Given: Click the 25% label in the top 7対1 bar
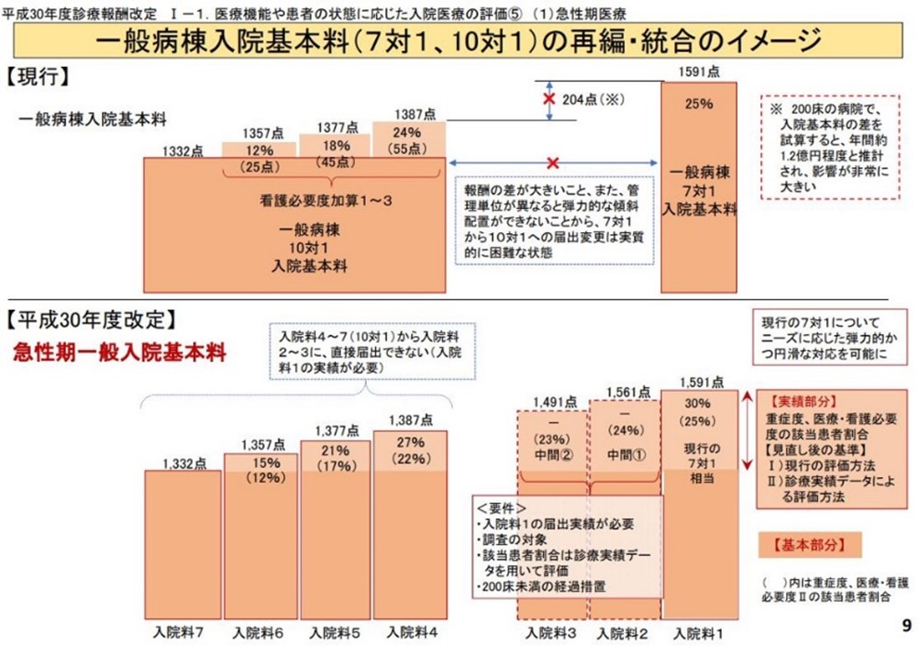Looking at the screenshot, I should click(698, 104).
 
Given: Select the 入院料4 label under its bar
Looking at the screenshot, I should click(410, 633).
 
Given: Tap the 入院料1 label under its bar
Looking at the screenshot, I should click(700, 633).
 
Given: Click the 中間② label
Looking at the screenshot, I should click(554, 453).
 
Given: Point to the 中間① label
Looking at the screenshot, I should click(626, 453).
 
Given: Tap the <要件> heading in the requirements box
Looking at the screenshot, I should click(500, 507).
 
